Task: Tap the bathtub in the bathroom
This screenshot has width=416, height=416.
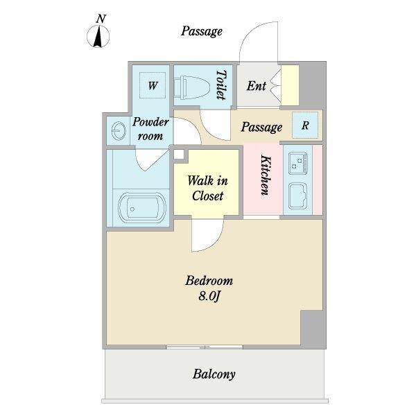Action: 142,207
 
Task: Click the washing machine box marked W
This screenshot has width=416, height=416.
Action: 153,85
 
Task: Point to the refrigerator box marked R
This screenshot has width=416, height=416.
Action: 305,125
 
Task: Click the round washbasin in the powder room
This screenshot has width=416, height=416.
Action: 119,130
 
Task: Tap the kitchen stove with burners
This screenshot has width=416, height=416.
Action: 298,163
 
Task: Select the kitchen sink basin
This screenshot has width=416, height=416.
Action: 297,196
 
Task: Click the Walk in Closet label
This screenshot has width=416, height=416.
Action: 207,188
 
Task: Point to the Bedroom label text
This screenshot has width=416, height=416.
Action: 209,281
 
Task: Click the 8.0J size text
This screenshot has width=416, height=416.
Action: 209,296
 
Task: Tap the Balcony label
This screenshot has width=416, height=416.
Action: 214,374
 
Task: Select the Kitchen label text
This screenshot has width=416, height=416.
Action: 266,175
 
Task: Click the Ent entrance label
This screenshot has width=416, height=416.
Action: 257,86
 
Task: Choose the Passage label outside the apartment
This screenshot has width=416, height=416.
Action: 202,31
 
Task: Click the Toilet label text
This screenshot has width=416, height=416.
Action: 222,85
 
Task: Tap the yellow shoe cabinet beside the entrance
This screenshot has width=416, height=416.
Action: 290,85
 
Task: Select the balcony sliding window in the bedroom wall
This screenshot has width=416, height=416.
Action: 205,347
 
